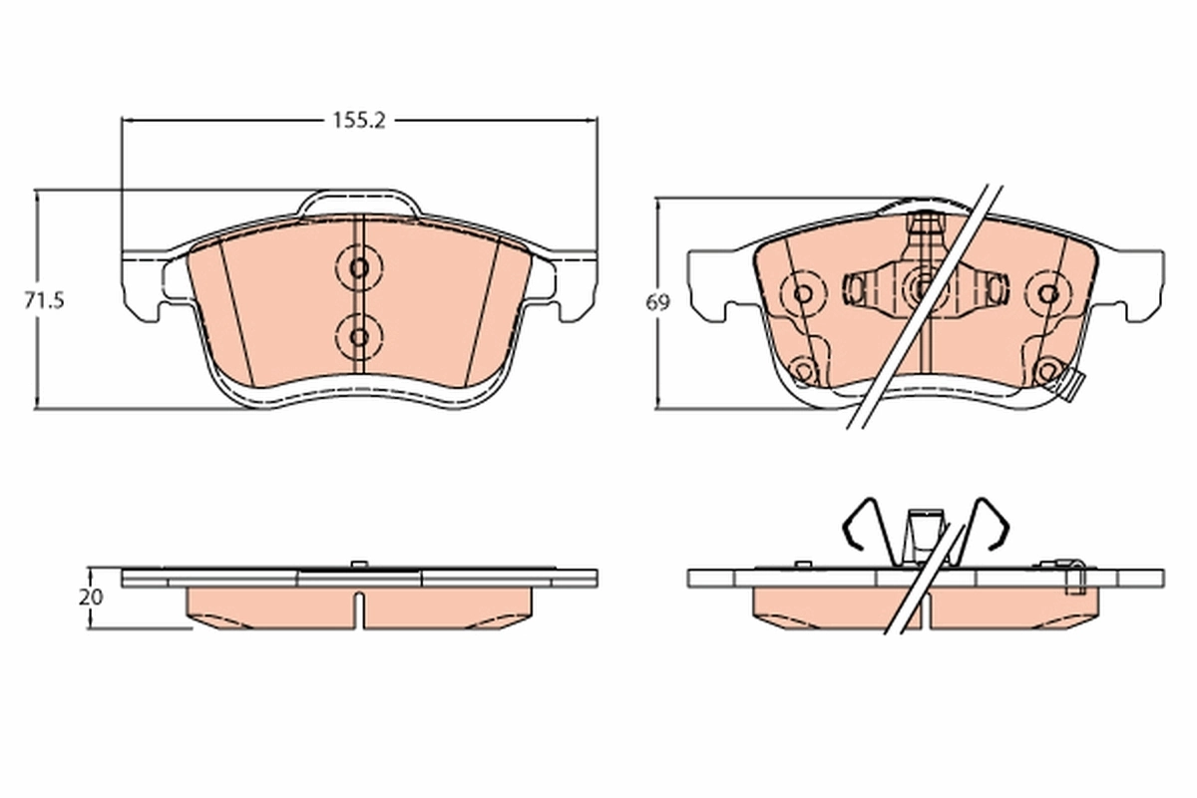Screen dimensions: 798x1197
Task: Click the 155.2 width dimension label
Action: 359,120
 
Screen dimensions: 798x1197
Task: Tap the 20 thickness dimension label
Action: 91,598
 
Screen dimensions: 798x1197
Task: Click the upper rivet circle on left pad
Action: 359,267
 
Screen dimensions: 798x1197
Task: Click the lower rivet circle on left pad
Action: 359,333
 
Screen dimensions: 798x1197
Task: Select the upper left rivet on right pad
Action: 802,294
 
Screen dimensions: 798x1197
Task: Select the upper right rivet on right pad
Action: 1047,294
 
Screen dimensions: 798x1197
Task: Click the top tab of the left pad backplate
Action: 359,199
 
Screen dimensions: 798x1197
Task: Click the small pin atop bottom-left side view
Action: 358,566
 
